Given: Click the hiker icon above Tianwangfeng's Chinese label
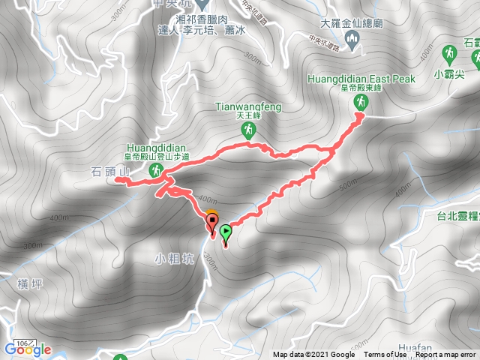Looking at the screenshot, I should click(x=247, y=130).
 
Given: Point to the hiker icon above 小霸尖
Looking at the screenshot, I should click(x=448, y=54).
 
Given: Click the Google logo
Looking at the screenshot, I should click(x=28, y=349).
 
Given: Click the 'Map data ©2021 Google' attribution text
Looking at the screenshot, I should click(x=313, y=355).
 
